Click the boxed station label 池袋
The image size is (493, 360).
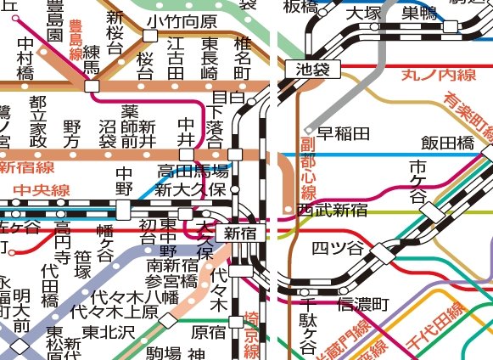pos(311,70)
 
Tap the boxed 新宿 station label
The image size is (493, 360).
pos(238,232)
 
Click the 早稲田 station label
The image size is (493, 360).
pos(348,133)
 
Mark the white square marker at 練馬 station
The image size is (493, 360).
pos(92,86)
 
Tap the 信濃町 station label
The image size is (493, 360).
pos(363,303)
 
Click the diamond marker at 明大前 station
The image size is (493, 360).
pos(20,345)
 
